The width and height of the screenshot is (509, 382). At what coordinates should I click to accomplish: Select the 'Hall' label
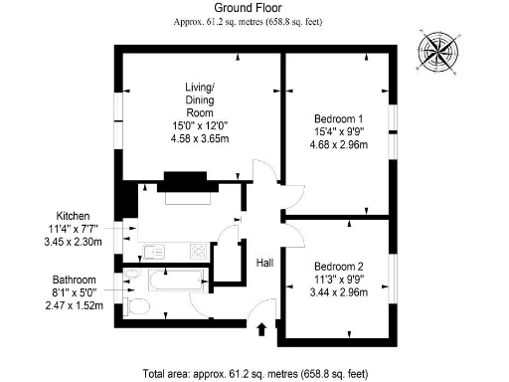(264, 263)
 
